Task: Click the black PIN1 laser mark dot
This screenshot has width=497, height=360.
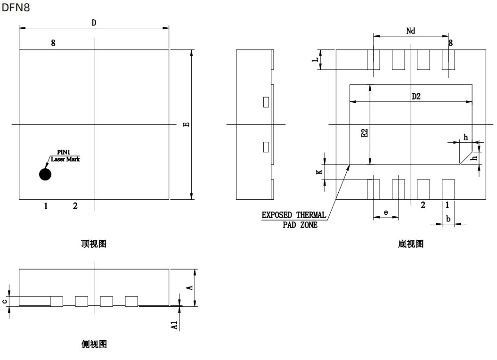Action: click(45, 174)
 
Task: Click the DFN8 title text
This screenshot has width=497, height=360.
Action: click(16, 8)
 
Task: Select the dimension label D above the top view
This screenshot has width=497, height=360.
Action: click(94, 23)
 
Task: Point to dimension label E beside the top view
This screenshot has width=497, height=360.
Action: click(186, 124)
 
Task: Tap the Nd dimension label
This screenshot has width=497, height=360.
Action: click(411, 31)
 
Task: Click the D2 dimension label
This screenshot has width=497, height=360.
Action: click(416, 97)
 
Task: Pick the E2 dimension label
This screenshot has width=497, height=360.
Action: click(364, 133)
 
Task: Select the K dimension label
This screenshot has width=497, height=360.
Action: click(319, 172)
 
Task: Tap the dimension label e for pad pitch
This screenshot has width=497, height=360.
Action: click(386, 213)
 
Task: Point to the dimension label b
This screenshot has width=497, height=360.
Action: click(448, 219)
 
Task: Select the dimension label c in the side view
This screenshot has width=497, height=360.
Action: click(4, 302)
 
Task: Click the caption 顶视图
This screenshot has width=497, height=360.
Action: click(94, 244)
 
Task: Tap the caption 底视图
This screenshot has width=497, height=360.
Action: click(411, 244)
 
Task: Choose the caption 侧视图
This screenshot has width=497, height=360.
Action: click(94, 344)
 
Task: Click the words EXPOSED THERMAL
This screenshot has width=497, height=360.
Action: click(294, 215)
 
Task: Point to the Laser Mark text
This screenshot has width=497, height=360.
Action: click(65, 159)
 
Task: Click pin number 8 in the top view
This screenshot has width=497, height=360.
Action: click(53, 43)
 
